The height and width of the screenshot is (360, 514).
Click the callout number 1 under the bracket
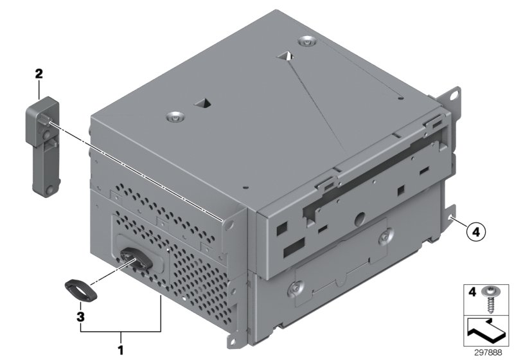[121, 350]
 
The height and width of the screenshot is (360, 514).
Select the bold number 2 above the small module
[39, 74]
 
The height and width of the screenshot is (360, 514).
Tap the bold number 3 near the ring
[80, 317]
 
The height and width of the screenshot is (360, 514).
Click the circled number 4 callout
[475, 233]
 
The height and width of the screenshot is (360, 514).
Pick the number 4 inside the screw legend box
[472, 291]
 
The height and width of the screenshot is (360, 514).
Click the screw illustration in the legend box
[490, 299]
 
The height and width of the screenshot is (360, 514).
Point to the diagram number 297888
[488, 353]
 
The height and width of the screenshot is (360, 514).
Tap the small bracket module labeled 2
[43, 147]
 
